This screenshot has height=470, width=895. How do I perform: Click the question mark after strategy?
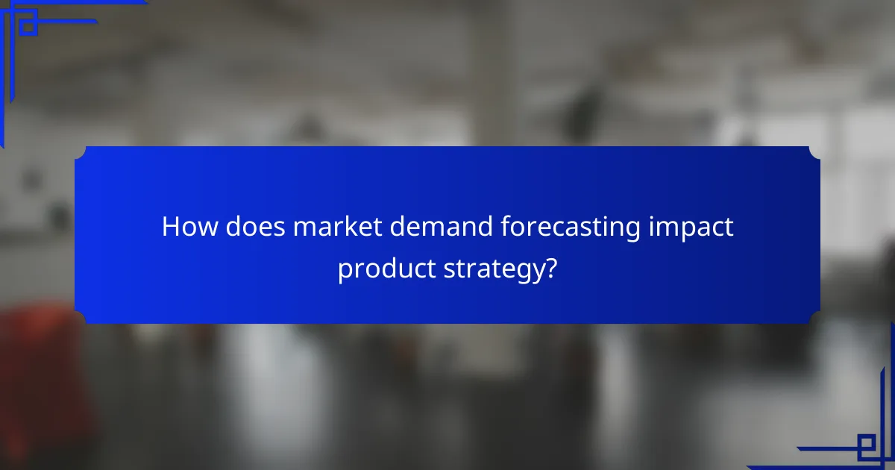coord(550,267)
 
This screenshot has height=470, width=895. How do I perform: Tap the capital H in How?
coord(170,227)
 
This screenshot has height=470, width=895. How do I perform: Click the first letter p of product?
coord(345,270)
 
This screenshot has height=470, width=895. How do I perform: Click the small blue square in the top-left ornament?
coord(28,27)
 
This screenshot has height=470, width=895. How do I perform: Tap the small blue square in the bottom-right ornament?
coord(866,446)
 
